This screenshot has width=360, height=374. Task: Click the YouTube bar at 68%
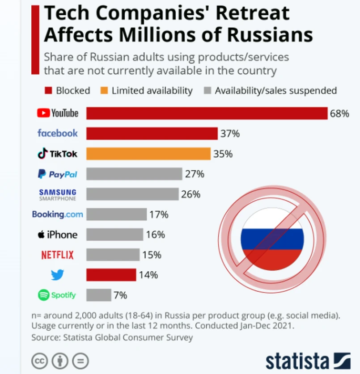point(207,113)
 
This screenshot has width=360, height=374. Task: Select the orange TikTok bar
point(148,154)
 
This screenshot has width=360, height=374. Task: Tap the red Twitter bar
point(111,275)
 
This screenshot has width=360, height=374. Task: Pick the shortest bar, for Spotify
point(98,295)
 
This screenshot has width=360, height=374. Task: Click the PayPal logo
point(58,174)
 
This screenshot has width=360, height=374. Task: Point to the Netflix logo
point(57,255)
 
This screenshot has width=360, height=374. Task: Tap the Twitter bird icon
point(57,275)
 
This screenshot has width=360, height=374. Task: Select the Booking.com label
point(57,214)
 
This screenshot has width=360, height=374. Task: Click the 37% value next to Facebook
point(230,133)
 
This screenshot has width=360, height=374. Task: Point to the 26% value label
point(191,194)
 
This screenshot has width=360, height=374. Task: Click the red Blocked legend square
point(48,91)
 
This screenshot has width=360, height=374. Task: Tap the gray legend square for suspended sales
point(207,91)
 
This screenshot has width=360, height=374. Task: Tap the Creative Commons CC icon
point(40,360)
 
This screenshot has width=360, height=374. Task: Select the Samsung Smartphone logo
point(57,194)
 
